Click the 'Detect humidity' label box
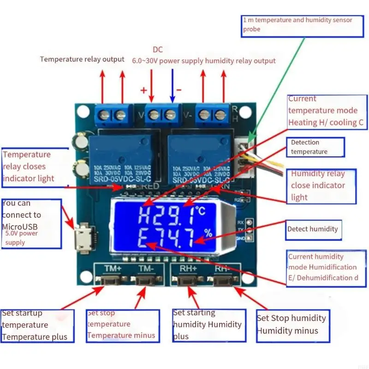tap(313, 229)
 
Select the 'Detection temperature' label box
tap(315, 147)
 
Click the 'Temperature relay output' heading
tap(82, 59)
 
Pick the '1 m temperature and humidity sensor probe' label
tap(298, 24)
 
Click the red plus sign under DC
tap(143, 90)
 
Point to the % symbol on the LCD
tap(208, 233)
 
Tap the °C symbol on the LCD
tap(200, 211)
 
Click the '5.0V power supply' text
tap(22, 238)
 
